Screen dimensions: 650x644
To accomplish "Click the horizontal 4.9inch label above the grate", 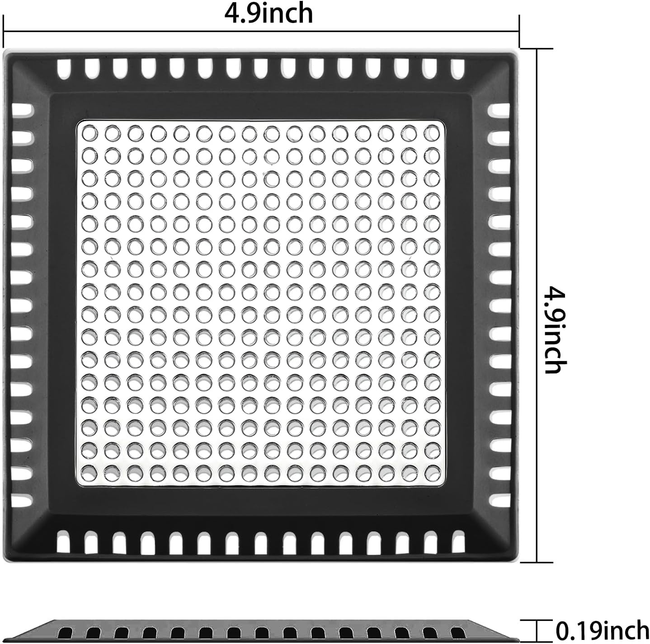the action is tap(269, 14).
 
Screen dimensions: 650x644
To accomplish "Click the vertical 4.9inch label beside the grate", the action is tap(555, 329).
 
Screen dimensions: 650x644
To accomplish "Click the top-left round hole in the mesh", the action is tap(89, 134).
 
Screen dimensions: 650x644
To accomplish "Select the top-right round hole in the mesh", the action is tap(431, 134).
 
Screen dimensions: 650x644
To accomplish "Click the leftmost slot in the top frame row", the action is tap(64, 69).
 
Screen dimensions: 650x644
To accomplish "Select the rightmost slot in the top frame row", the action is tap(458, 69).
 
